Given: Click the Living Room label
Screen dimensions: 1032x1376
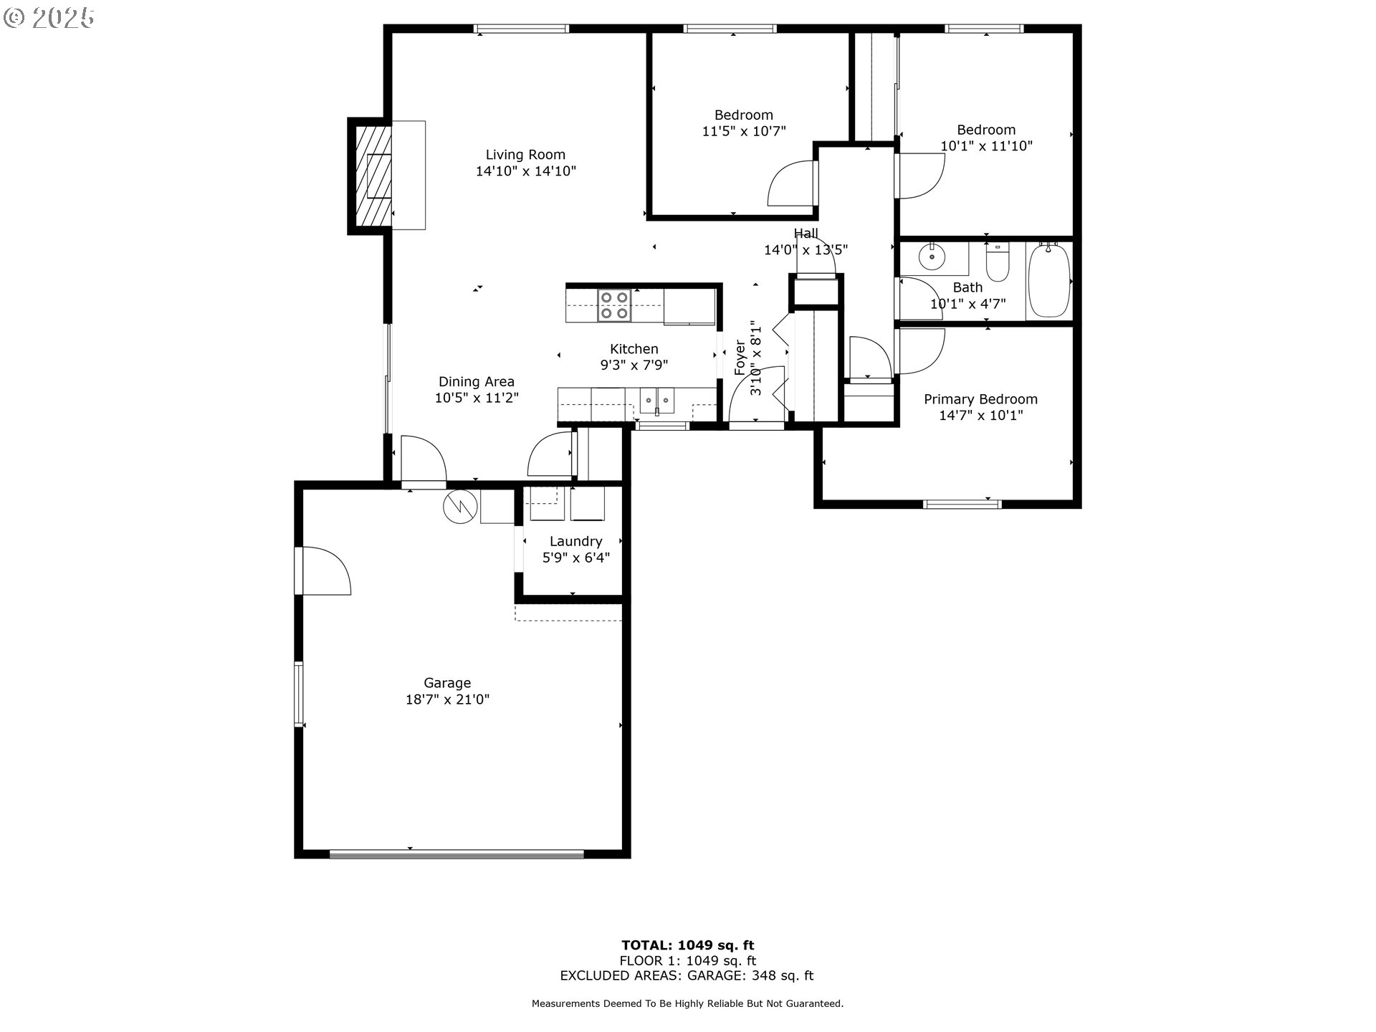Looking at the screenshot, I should click(x=525, y=155).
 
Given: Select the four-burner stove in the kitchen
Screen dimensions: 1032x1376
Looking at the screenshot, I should click(x=614, y=305).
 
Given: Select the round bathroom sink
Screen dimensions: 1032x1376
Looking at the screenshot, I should click(x=932, y=257).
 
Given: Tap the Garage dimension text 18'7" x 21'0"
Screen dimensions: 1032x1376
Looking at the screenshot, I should click(x=447, y=699).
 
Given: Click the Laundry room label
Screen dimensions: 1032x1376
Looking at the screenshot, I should click(x=575, y=542).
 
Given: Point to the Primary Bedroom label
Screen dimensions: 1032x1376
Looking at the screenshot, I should click(x=980, y=399).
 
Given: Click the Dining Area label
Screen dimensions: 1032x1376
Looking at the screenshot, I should click(x=476, y=382).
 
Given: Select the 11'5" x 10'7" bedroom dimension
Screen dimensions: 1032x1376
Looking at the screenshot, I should click(x=744, y=131).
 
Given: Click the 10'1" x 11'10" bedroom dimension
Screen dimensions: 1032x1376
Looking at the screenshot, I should click(x=986, y=146).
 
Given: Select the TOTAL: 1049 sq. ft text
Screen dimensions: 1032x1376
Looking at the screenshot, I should click(x=687, y=945).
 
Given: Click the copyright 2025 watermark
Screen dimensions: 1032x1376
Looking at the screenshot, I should click(x=49, y=18).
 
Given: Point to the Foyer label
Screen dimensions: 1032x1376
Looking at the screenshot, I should click(x=740, y=357).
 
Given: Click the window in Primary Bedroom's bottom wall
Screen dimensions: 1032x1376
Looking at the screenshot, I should click(x=962, y=504).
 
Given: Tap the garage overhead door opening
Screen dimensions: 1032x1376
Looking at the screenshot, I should click(x=457, y=854).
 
